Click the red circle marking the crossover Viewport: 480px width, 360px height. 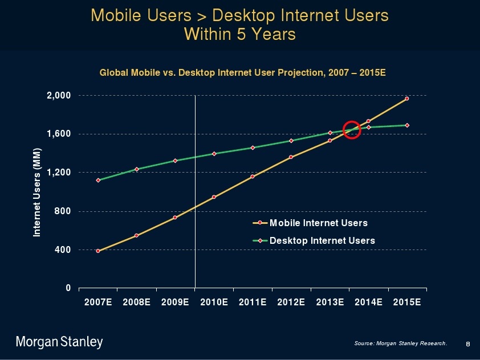tap(352, 129)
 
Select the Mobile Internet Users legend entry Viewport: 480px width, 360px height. tap(318, 223)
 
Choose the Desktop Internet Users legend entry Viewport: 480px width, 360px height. tap(322, 240)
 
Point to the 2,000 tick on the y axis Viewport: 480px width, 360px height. tap(59, 95)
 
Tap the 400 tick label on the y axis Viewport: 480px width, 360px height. tap(62, 249)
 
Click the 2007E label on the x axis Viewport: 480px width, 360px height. tap(98, 302)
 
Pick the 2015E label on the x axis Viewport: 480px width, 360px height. tap(407, 302)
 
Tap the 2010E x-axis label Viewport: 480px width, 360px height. tap(214, 302)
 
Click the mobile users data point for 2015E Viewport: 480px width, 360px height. tap(407, 99)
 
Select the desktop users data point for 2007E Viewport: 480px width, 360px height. tap(98, 180)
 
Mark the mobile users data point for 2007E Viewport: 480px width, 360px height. tap(98, 251)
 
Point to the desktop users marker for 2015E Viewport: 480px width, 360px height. tap(407, 125)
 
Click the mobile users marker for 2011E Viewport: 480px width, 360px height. tap(253, 177)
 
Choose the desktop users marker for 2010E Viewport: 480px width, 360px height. tap(214, 154)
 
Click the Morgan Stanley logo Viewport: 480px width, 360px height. tap(59, 342)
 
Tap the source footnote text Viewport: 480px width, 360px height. tap(400, 343)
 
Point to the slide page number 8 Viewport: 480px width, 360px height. tap(467, 343)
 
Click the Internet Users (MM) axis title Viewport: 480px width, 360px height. tap(37, 191)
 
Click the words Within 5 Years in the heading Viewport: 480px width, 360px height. tap(240, 34)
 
